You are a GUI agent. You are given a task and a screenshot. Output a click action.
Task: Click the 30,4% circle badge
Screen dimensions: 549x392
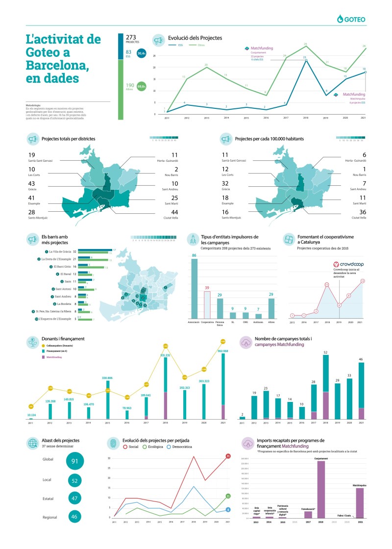tap(142, 53)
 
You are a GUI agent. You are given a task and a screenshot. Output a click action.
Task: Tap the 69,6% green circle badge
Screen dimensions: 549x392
tap(142, 86)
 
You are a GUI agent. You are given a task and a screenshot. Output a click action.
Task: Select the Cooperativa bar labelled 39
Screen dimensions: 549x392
tap(207, 305)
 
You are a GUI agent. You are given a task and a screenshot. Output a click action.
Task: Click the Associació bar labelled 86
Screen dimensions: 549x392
tap(194, 289)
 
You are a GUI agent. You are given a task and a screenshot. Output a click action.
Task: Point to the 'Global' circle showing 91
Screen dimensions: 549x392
tap(75, 461)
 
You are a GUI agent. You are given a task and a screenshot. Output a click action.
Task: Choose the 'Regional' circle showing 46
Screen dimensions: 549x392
tap(75, 516)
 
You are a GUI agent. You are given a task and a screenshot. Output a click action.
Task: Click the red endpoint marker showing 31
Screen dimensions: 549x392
tap(228, 456)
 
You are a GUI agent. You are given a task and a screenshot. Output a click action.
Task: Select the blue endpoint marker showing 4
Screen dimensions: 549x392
tap(228, 510)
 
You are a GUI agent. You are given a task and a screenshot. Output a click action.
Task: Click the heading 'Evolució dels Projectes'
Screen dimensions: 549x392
tap(195, 38)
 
